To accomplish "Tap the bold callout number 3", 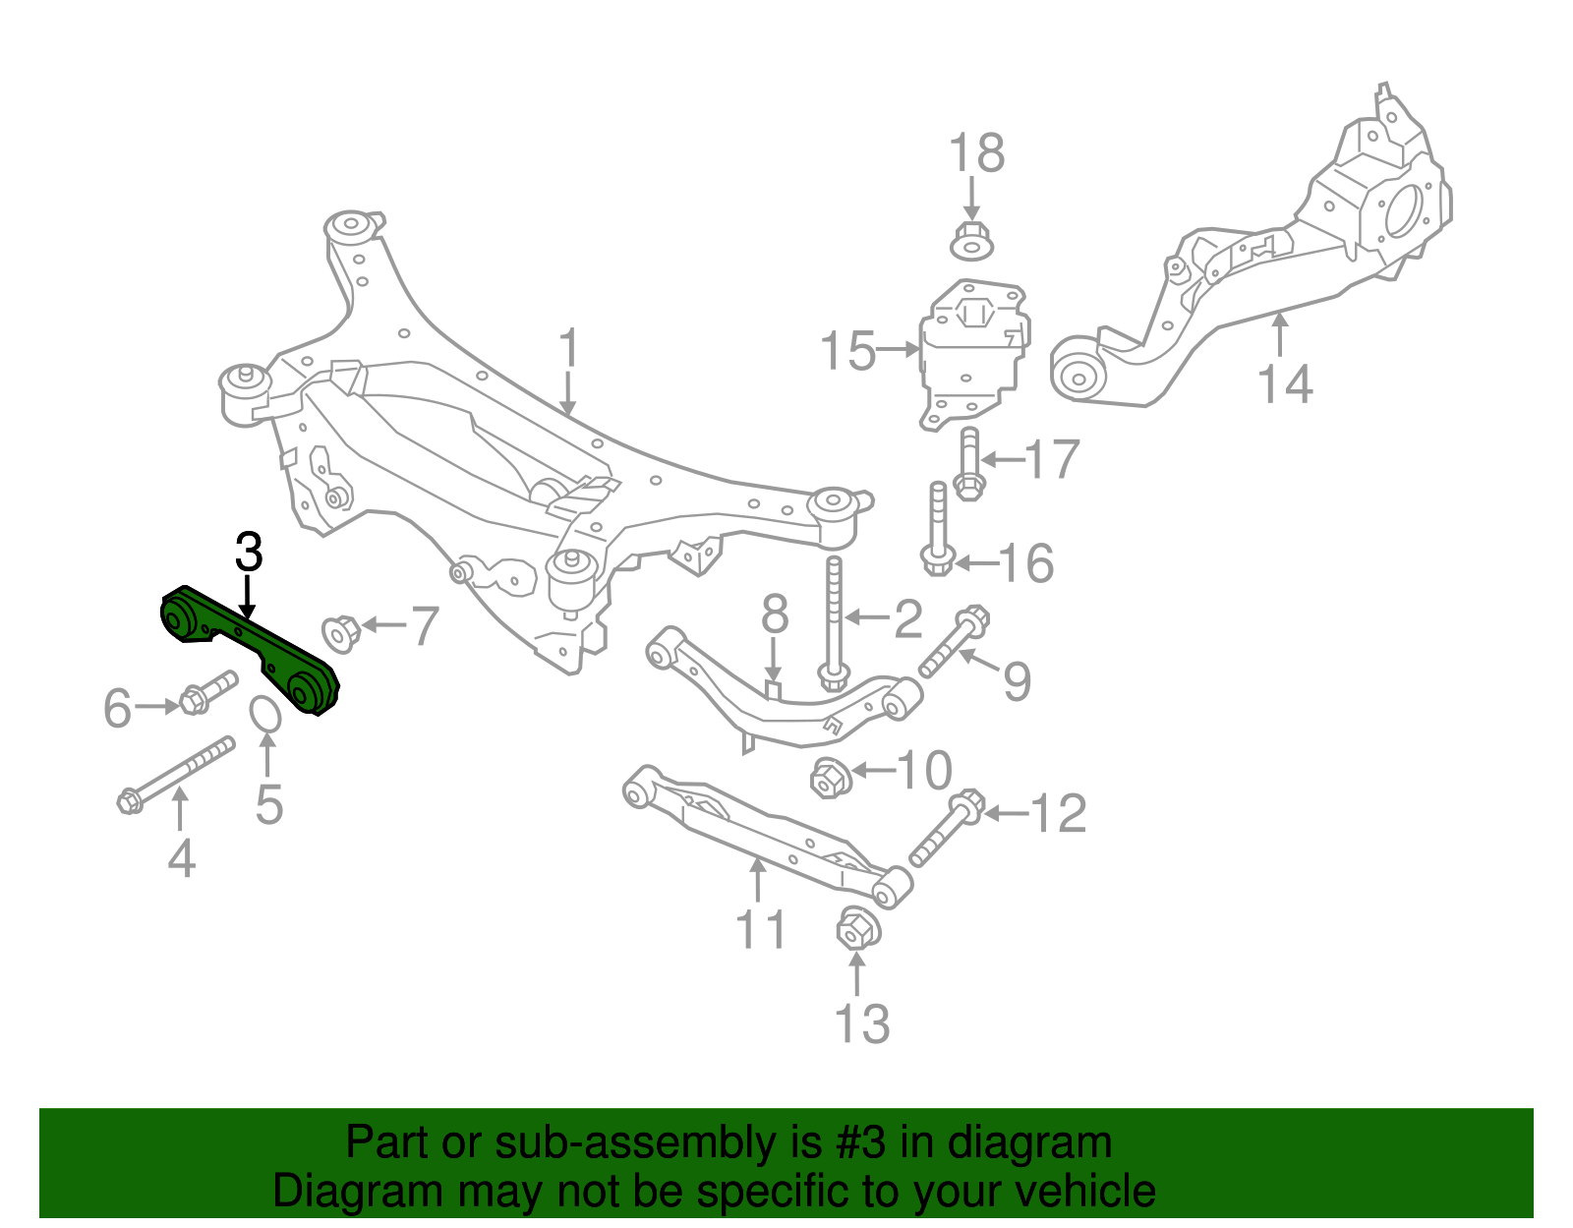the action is tap(249, 553).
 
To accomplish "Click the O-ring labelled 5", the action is tap(265, 715).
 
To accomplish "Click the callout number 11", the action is tap(761, 929).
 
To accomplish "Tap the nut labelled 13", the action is tap(856, 928).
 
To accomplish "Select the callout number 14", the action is tap(1284, 384).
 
